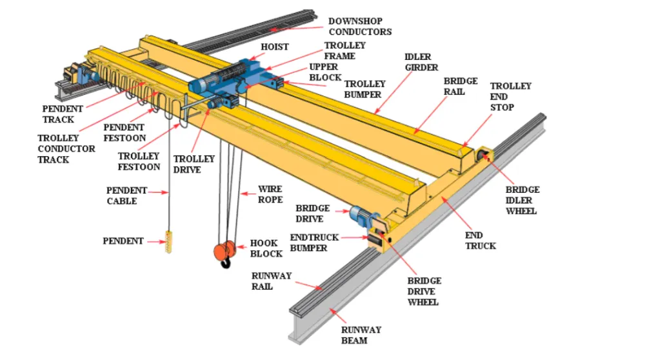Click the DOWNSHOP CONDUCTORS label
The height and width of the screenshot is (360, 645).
(359, 26)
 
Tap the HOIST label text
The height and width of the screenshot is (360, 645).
(274, 47)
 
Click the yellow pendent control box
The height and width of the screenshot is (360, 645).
(169, 243)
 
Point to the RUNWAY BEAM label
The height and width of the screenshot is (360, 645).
(361, 335)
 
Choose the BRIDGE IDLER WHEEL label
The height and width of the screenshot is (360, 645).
(522, 200)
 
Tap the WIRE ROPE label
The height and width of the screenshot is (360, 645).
(270, 195)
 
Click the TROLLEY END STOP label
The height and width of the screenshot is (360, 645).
(510, 96)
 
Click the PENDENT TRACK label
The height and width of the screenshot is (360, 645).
(58, 114)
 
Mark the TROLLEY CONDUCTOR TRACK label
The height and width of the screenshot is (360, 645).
(66, 148)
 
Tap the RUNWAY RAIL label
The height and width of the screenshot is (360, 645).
(272, 281)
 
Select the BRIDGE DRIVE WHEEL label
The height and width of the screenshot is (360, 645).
(424, 292)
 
